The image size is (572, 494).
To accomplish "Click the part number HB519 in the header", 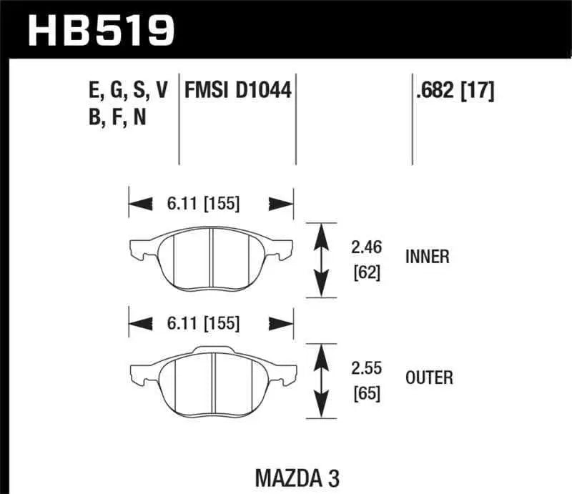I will click(101, 30).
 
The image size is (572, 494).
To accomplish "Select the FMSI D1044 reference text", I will click(239, 90).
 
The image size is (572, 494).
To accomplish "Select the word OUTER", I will click(428, 377).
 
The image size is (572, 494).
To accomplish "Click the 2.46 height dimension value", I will click(366, 248).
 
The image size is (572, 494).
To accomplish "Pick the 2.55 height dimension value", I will click(366, 368).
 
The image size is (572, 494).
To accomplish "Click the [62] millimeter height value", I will click(365, 272).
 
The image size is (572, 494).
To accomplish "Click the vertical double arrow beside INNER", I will click(322, 259).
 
